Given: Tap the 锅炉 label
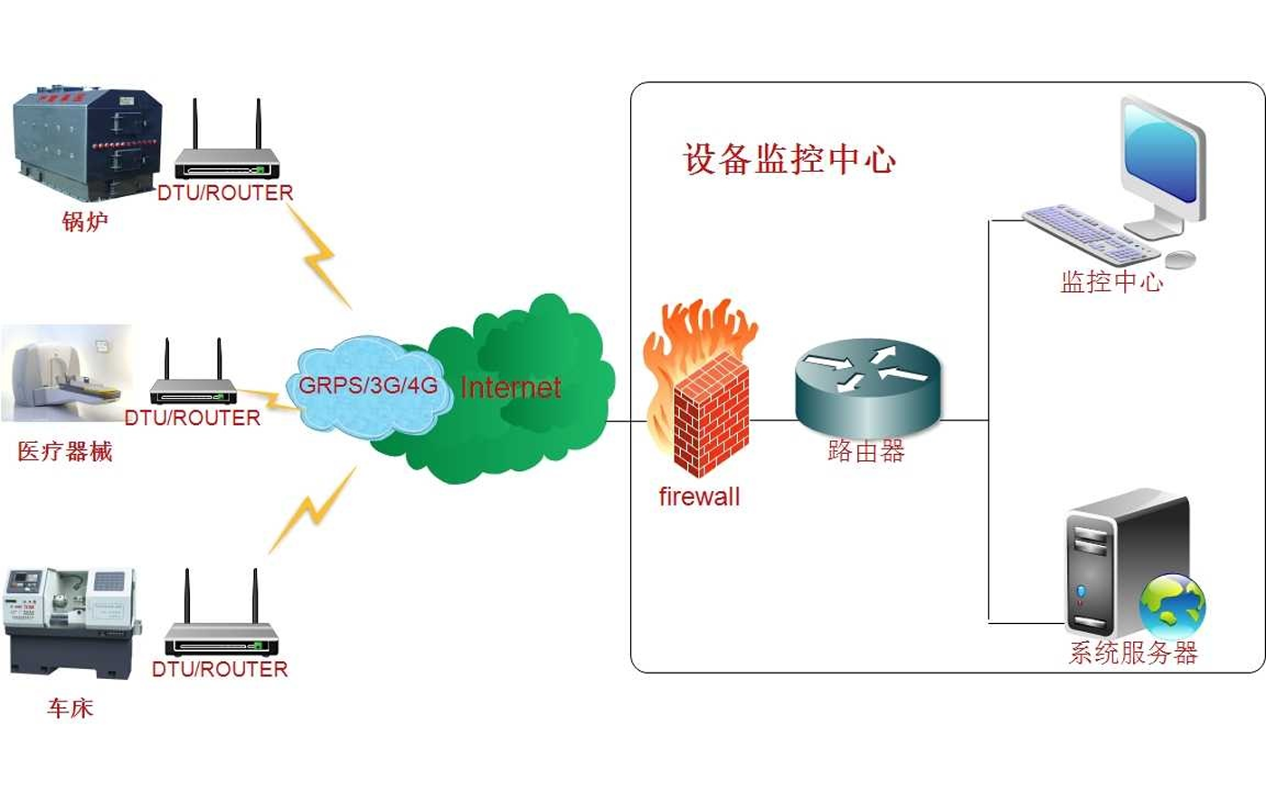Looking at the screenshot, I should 85,222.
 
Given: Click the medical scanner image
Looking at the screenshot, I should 67,373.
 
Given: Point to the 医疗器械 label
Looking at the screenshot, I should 65,451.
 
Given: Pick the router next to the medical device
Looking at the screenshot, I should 193,378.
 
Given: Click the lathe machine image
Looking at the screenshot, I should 71,622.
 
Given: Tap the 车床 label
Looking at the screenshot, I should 70,708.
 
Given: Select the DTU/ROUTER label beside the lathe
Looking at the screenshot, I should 220,669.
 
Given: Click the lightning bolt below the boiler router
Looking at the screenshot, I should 320,257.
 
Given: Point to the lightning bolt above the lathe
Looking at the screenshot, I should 312,511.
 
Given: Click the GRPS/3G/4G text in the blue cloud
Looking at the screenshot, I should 368,385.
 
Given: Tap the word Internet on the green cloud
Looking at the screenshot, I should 511,388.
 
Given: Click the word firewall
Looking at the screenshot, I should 699,496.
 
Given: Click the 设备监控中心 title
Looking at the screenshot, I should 789,159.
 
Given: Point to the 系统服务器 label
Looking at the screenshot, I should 1133,652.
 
